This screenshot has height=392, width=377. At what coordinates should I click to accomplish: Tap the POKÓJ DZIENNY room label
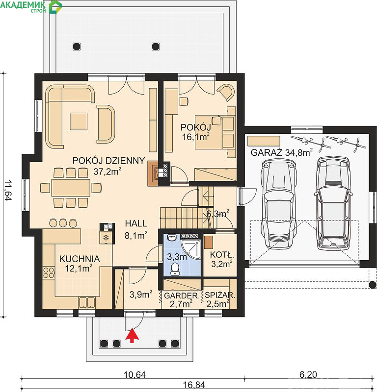[x=108, y=161]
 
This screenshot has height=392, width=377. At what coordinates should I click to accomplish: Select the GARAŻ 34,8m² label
[x=282, y=152]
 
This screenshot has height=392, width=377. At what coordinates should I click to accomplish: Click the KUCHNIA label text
[x=80, y=259]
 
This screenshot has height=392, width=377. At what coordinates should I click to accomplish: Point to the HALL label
[x=136, y=223]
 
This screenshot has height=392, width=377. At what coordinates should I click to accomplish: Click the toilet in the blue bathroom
[x=175, y=269]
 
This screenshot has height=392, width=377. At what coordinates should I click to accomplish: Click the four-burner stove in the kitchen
[x=48, y=273]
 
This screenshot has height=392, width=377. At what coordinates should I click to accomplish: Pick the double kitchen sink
[x=87, y=302]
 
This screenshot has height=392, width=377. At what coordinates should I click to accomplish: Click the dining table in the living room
[x=71, y=188]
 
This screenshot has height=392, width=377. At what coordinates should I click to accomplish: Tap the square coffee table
[x=79, y=121]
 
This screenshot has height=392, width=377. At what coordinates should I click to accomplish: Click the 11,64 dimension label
[x=8, y=191]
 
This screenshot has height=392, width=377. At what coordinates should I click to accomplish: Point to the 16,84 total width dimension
[x=194, y=385]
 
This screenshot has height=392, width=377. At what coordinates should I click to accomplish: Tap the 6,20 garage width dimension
[x=308, y=374]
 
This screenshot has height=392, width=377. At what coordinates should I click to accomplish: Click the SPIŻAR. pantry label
[x=220, y=295]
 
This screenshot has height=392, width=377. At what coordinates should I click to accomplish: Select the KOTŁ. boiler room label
[x=222, y=255]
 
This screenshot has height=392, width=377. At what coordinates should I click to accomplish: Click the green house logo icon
[x=55, y=7]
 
